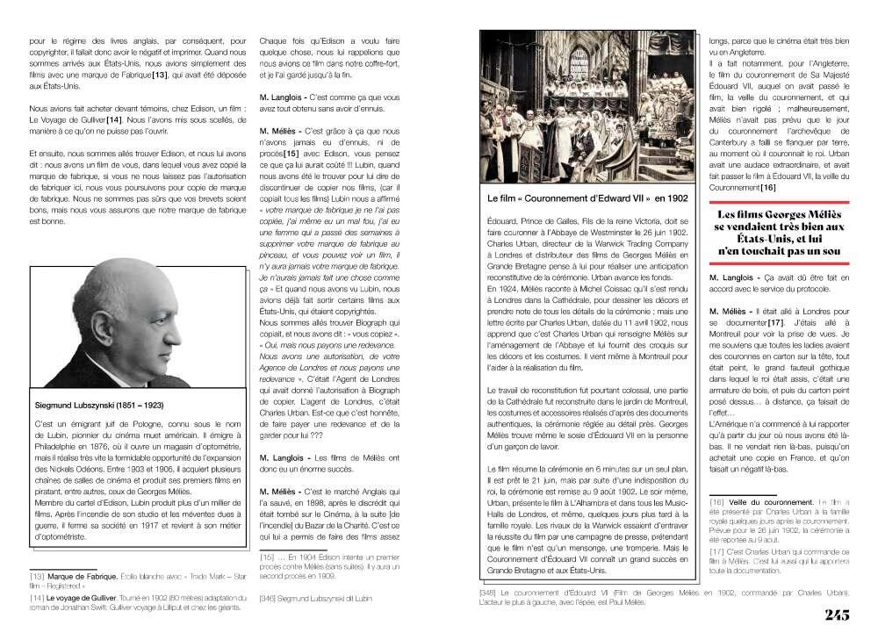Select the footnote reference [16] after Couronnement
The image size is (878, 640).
pyautogui.click(x=767, y=187)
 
